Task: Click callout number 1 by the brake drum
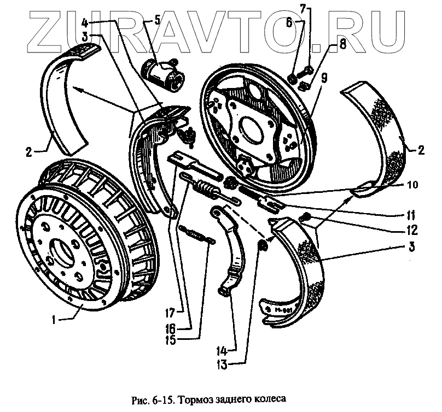click(x=54, y=321)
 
